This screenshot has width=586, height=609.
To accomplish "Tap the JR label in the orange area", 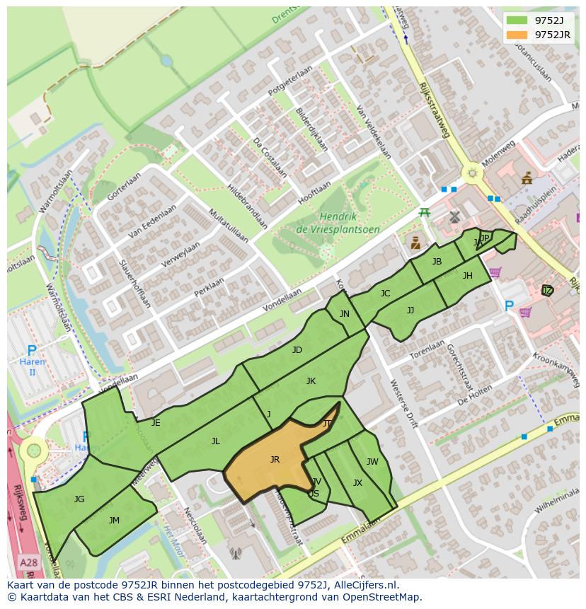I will (275, 460).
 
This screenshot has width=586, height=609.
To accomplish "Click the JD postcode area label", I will (297, 350).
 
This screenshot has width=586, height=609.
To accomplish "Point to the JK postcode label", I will (311, 381).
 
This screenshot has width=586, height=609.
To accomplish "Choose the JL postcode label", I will (215, 441).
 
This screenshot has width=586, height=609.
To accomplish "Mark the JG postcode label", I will (79, 499).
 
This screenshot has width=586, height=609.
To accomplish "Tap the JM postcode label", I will (114, 521).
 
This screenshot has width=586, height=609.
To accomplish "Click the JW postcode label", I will (372, 462).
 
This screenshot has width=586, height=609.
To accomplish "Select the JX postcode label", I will (357, 483).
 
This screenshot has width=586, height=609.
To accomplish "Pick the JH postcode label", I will (467, 276).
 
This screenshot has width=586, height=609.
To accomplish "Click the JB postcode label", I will (437, 262).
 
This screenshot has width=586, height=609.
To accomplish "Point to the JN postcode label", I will (344, 314).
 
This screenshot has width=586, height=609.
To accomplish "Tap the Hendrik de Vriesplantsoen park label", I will (338, 224).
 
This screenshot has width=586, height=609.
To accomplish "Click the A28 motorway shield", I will (28, 562).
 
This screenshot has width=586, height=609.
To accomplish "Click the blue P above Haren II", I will (31, 351).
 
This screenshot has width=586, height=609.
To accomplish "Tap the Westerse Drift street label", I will (404, 404).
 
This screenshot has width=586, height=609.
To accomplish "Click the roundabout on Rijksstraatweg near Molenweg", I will (471, 173).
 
